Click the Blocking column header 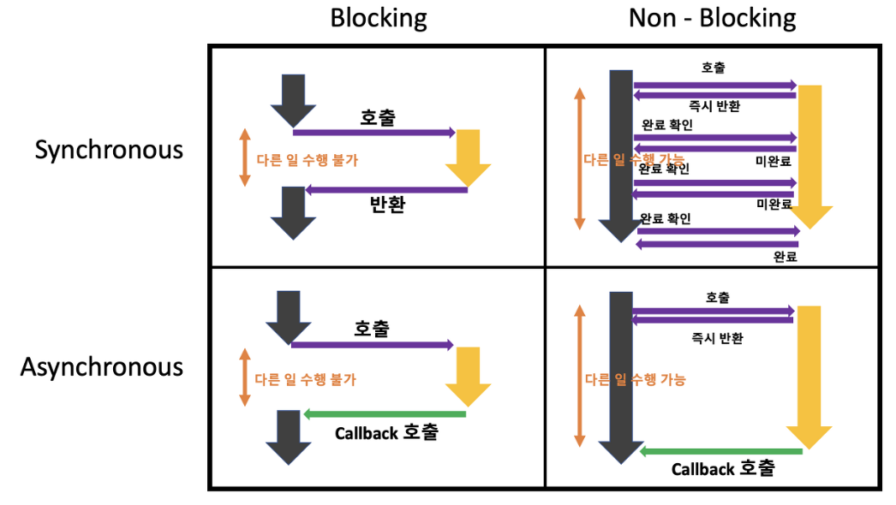(x=379, y=18)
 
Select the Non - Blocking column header (x=712, y=18)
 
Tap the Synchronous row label (x=109, y=150)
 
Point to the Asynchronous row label (x=102, y=367)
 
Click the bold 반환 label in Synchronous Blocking (x=387, y=205)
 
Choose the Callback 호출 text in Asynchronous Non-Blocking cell (x=723, y=468)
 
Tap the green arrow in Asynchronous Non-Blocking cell (x=720, y=450)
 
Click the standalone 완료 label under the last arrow (x=785, y=256)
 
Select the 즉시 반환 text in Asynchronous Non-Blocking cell (x=717, y=338)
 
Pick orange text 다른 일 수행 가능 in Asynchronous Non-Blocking (x=635, y=379)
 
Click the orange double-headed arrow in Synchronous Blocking (x=245, y=157)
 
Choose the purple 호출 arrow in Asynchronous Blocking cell (x=372, y=345)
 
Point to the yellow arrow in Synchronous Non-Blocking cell (x=809, y=154)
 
